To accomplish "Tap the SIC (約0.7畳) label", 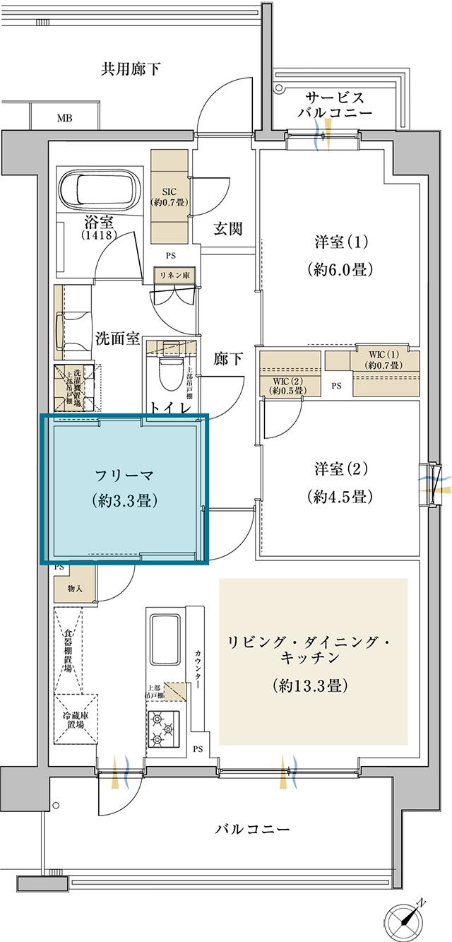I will click(x=169, y=196).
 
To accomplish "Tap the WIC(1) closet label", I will click(x=384, y=360).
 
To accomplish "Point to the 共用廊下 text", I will click(x=130, y=69).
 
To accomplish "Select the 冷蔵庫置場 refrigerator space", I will click(x=76, y=718).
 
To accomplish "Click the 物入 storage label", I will click(x=75, y=588).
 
